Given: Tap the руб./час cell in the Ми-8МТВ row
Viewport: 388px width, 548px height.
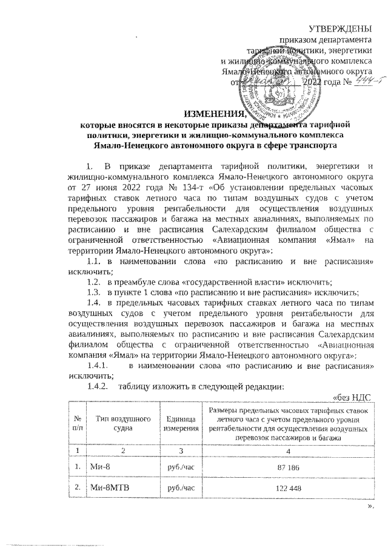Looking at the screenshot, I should [x=179, y=489].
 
